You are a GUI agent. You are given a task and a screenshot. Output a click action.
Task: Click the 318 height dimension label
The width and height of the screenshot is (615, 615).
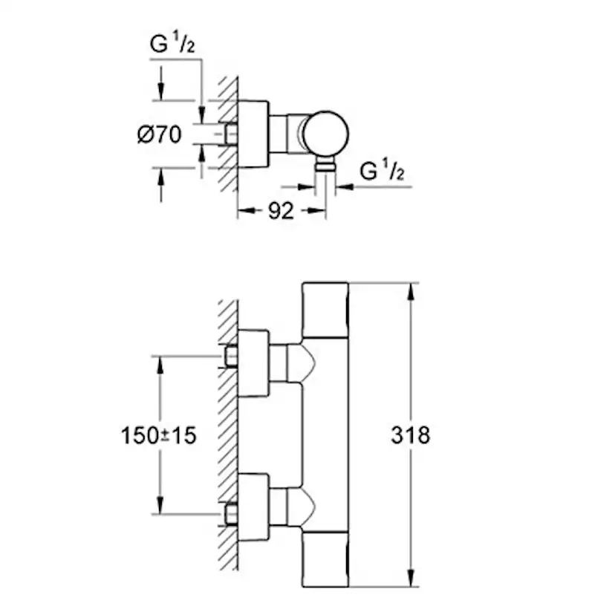410,435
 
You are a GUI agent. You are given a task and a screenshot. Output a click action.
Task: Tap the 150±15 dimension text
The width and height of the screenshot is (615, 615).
158,435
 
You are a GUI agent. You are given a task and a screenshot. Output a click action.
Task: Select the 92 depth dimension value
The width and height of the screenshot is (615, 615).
281,211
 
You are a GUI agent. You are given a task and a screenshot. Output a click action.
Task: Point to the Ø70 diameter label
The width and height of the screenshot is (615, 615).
160,134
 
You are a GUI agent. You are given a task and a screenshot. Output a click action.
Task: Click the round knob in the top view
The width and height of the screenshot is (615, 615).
325,134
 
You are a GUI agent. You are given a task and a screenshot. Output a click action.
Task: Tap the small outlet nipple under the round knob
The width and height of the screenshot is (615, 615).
325,165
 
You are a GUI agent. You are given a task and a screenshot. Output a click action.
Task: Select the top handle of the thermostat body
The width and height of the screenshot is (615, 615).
325,310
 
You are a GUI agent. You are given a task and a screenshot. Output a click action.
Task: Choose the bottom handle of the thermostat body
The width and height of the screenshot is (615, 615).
325,559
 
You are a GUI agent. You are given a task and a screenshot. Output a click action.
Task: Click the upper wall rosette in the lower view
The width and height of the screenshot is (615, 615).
253,363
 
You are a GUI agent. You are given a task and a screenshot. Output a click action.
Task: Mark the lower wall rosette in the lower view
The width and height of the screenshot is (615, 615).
253,507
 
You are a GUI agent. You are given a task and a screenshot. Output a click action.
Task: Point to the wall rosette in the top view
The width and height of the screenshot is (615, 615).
253,134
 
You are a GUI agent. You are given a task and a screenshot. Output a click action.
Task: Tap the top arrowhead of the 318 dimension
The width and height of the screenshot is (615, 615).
410,292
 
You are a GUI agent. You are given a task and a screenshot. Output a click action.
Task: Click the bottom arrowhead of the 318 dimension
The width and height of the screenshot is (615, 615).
410,578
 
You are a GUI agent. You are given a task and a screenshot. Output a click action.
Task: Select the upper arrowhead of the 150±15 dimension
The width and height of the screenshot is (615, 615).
160,365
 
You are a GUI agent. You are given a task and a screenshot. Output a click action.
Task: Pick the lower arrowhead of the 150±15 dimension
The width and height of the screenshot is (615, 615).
160,504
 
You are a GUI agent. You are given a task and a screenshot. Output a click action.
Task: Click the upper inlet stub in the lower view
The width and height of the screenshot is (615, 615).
232,356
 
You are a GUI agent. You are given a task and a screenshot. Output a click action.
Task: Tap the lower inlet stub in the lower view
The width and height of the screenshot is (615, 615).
232,514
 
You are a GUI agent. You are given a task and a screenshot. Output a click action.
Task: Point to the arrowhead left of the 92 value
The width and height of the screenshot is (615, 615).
247,211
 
